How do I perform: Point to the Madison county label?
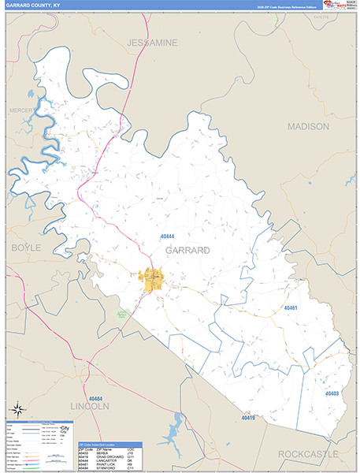coord(308,126)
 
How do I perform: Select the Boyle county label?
coord(25,248)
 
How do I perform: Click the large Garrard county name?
coord(187,250)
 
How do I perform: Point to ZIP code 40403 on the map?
coord(332,393)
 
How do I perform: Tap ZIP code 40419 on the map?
coord(249,418)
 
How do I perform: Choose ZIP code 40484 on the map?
coord(97,399)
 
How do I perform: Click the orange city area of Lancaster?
coord(151,277)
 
